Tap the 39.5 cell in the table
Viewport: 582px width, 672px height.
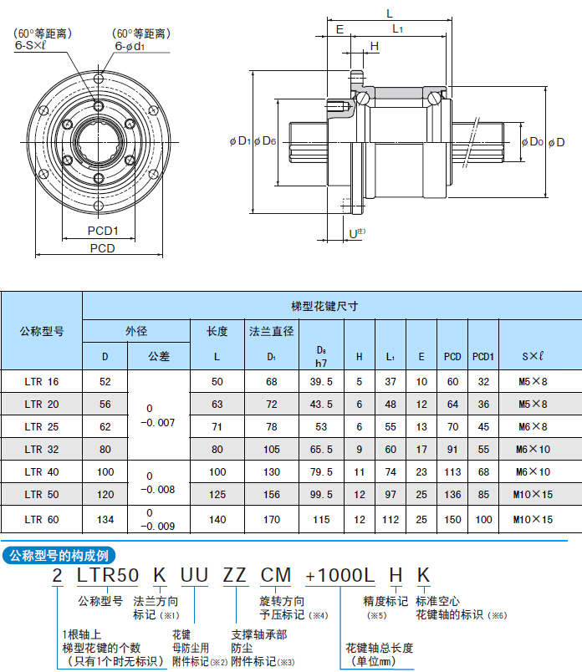pyautogui.click(x=321, y=382)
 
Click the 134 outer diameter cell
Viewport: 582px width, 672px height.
pyautogui.click(x=105, y=519)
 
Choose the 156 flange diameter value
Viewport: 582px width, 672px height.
pyautogui.click(x=271, y=494)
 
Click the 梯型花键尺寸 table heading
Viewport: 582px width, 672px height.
pyautogui.click(x=324, y=306)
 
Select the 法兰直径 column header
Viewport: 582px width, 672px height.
pyautogui.click(x=271, y=331)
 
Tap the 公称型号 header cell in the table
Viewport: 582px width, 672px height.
pyautogui.click(x=42, y=331)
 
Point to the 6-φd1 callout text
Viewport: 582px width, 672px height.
pyautogui.click(x=132, y=48)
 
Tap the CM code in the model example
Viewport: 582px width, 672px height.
pyautogui.click(x=277, y=576)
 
